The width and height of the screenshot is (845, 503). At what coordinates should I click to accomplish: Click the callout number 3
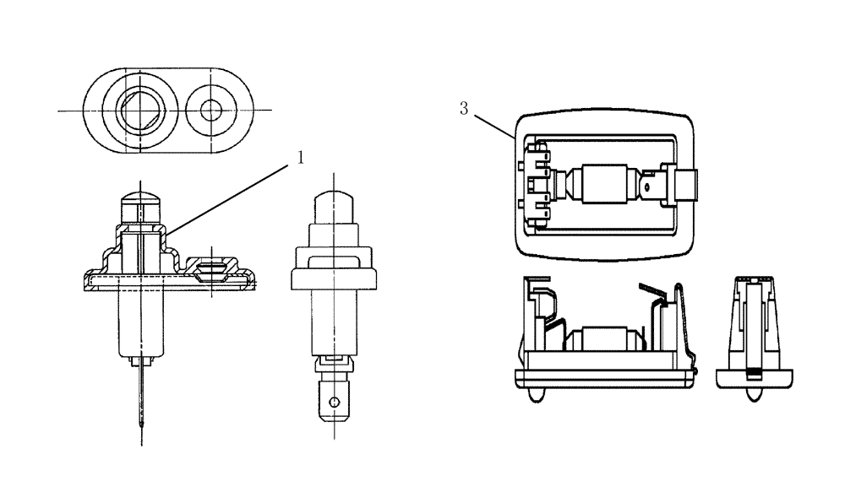(x=464, y=108)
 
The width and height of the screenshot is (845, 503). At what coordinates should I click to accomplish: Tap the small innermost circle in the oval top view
(x=209, y=110)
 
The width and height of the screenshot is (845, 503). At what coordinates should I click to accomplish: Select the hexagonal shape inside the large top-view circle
(x=139, y=110)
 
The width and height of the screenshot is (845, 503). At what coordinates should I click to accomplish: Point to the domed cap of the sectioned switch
(x=139, y=203)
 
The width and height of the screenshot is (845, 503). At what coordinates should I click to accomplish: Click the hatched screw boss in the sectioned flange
(x=209, y=271)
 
